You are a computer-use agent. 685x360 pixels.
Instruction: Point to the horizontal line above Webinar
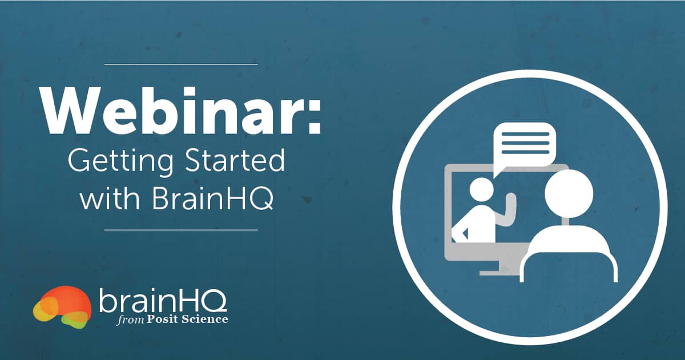click(x=181, y=64)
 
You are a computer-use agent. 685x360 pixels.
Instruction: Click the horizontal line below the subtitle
click(x=181, y=230)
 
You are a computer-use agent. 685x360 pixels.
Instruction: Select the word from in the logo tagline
click(x=128, y=319)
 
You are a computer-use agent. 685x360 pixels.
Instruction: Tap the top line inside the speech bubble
click(x=525, y=132)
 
